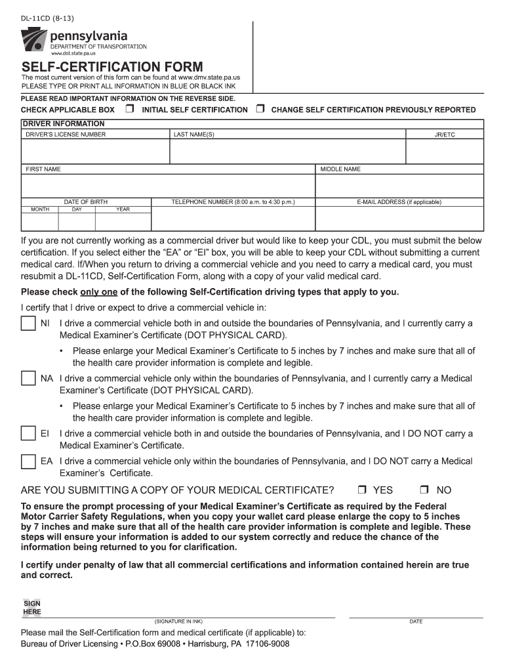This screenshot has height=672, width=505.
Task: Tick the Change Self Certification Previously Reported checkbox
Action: coord(260,109)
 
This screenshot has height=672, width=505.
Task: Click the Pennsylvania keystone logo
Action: coord(35,41)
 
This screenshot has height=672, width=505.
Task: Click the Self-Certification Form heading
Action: coord(112,67)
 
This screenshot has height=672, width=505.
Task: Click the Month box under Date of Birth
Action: coord(40,222)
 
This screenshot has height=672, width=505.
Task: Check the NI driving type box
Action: coord(28,324)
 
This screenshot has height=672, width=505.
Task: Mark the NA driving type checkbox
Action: coord(28,379)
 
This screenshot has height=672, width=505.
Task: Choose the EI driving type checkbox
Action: coord(28,434)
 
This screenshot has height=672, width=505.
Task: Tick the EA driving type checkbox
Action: coord(28,461)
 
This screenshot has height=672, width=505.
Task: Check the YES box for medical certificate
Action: coord(362,490)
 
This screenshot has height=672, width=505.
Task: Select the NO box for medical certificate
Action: coord(424,490)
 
